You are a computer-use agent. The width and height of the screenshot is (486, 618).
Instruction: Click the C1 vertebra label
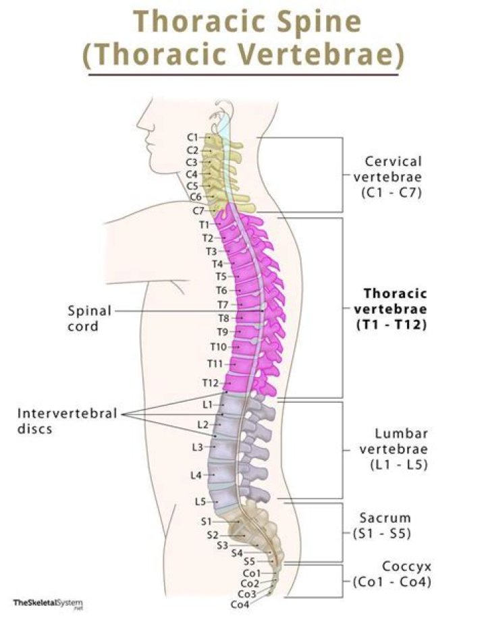(192, 138)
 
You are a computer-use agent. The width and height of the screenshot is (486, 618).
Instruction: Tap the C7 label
(198, 210)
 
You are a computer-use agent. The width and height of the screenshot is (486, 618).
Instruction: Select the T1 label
(204, 225)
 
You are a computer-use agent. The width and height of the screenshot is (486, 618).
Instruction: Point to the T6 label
(221, 290)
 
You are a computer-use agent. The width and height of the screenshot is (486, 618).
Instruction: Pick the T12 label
(210, 383)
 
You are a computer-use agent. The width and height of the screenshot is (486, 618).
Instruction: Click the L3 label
(198, 447)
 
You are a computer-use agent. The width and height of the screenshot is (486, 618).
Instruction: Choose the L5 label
(200, 501)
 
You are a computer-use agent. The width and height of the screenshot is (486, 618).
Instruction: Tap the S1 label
(206, 521)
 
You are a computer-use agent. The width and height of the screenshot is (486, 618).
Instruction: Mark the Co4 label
(240, 605)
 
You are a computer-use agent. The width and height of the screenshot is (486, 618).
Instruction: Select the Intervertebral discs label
(67, 420)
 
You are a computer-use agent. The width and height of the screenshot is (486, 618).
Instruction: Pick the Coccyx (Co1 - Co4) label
(391, 573)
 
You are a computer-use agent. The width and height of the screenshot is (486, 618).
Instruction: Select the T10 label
(218, 347)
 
